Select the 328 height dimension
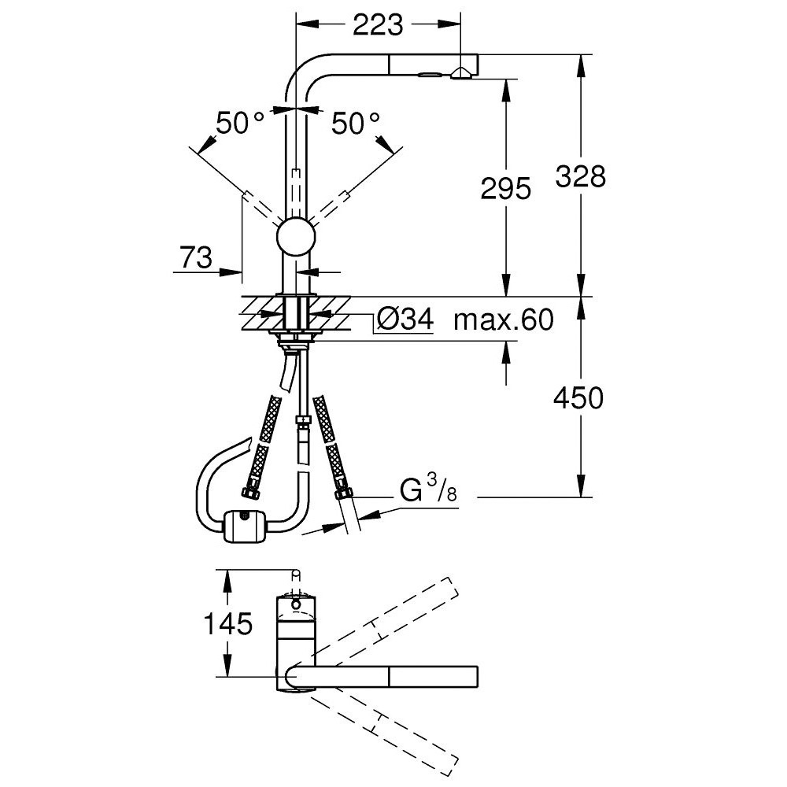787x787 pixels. (581, 176)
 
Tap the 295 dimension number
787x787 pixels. (505, 189)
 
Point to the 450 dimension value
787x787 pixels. (578, 398)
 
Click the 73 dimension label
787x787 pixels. (196, 258)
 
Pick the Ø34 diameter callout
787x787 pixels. (405, 319)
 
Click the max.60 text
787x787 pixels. (504, 320)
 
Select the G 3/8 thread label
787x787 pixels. (429, 489)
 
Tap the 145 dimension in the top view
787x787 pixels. (227, 624)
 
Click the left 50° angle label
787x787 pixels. (240, 123)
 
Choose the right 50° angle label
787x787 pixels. (356, 123)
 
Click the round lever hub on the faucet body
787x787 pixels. (296, 237)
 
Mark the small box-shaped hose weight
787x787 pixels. (245, 526)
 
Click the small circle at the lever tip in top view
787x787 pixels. (296, 574)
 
